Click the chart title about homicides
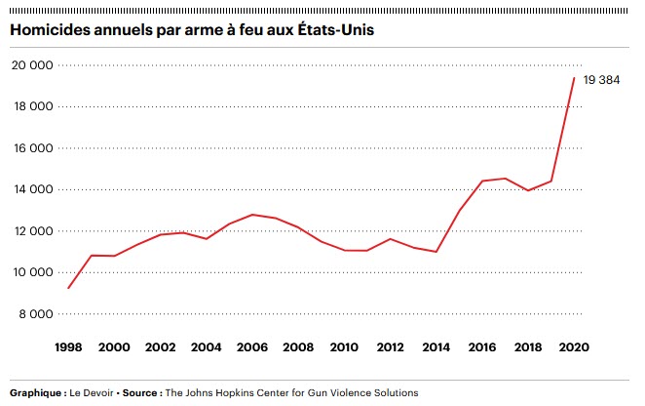pyautogui.click(x=193, y=30)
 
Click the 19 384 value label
pyautogui.click(x=601, y=79)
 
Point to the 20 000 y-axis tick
pyautogui.click(x=32, y=65)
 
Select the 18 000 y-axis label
pyautogui.click(x=32, y=107)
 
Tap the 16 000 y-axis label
pyautogui.click(x=32, y=148)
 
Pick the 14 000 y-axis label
pyautogui.click(x=32, y=189)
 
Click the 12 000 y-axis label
pyautogui.click(x=32, y=231)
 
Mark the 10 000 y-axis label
pyautogui.click(x=32, y=272)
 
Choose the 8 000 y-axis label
pyautogui.click(x=36, y=314)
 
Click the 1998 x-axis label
pyautogui.click(x=67, y=346)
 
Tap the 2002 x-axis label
pyautogui.click(x=159, y=346)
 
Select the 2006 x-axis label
pyautogui.click(x=251, y=346)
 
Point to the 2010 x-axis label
pyautogui.click(x=343, y=346)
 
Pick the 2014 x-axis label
pyautogui.click(x=436, y=346)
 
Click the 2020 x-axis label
pyautogui.click(x=573, y=346)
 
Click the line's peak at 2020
pyautogui.click(x=573, y=78)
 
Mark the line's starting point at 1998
pyautogui.click(x=67, y=288)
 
